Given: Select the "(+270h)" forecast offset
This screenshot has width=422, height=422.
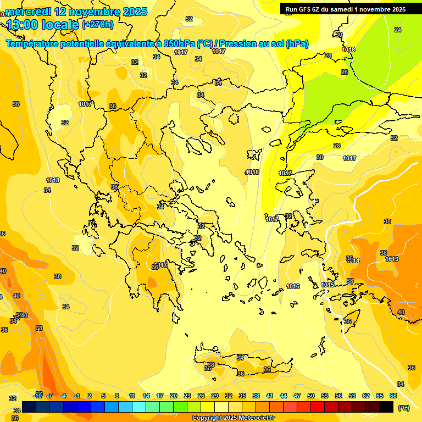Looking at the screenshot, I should pos(98,24).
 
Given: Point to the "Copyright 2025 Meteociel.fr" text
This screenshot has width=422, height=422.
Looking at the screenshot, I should pos(233,418).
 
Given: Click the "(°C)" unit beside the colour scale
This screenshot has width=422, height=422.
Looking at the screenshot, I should pos(404,408).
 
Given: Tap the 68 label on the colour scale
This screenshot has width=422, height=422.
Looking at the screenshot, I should pos(393,396).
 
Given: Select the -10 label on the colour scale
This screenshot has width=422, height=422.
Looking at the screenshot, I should pos(38,396).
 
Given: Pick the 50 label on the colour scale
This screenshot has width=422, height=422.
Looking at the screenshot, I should pos(311,396).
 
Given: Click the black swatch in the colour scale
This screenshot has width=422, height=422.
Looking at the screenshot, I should pos(386,407).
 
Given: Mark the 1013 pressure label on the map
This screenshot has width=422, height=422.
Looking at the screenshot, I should pos(392,259).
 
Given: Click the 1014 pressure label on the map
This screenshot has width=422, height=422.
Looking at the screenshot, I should pos(353,260).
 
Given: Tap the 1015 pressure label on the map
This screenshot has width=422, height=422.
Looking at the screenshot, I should pos(328,285).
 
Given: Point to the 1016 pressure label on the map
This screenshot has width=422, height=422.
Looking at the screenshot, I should pos(293,286).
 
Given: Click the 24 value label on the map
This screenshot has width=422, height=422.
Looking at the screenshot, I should pos(398,30).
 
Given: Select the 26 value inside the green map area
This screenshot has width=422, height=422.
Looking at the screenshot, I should pos(345,72).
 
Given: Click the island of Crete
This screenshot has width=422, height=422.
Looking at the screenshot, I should pos(242,365).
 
